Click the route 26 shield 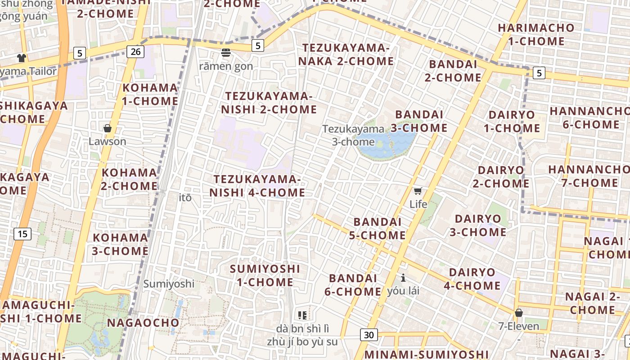[135, 52]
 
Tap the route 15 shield [22, 234]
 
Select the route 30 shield [369, 335]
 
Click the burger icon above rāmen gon [226, 53]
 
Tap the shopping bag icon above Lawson [107, 129]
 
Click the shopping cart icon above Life [418, 191]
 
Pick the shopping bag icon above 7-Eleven [519, 312]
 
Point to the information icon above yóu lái [403, 278]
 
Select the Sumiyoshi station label [169, 284]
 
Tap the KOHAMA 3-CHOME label [120, 244]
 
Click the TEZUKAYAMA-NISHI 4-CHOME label [257, 186]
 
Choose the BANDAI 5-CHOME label [379, 229]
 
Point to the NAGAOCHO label [143, 323]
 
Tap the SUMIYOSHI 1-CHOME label [265, 275]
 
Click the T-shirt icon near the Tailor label [22, 58]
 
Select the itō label [185, 198]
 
